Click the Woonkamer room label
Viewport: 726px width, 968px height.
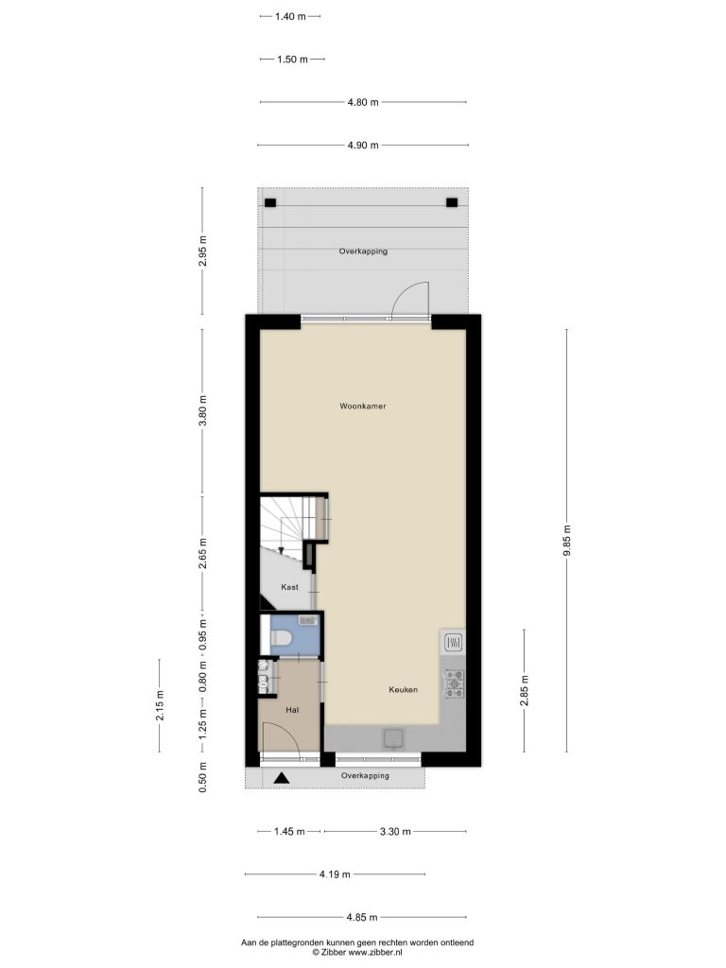[362, 406]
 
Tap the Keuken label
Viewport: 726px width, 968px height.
[403, 689]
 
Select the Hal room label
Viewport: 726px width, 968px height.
[292, 710]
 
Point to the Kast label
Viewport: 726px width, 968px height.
[289, 587]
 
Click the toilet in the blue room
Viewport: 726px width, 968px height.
[280, 638]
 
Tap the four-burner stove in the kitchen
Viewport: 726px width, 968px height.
[455, 684]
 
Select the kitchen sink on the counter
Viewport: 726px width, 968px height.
[392, 737]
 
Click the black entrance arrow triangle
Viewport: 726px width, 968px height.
[282, 779]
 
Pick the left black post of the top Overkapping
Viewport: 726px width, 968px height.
[270, 202]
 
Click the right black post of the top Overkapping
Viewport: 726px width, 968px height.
[452, 202]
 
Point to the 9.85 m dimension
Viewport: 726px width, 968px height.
[567, 541]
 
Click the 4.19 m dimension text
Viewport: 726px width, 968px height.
[335, 874]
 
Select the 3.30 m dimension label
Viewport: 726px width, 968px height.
[395, 832]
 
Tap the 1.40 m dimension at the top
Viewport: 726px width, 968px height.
[290, 17]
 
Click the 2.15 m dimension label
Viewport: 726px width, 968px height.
[160, 705]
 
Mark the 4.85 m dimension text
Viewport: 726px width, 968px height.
[362, 917]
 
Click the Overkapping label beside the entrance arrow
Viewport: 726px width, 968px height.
[365, 775]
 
